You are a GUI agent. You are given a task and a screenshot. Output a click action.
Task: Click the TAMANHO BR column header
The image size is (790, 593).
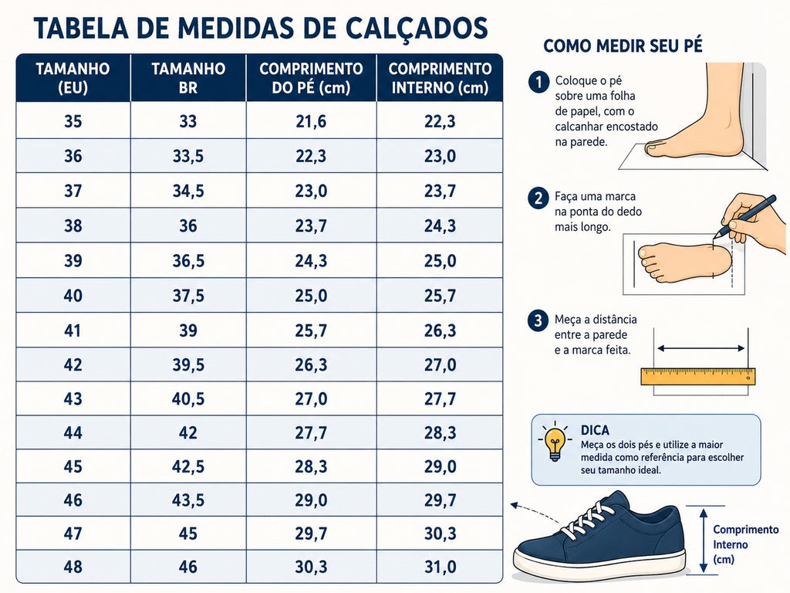[x=188, y=78]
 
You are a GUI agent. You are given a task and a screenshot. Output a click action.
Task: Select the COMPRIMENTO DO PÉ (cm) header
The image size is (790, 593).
[x=311, y=78]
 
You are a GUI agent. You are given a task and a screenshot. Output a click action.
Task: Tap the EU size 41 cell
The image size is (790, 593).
[x=73, y=330]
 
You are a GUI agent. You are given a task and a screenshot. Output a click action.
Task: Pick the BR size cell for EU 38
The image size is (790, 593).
[x=188, y=225]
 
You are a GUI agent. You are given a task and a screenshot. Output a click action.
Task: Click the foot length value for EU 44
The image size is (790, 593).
[x=311, y=432]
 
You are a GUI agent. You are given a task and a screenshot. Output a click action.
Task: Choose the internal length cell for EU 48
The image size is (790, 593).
[x=440, y=567]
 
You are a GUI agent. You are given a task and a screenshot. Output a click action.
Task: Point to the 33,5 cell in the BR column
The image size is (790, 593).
[x=188, y=156]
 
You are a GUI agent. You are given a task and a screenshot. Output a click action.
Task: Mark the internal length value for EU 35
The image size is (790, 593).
[x=440, y=121]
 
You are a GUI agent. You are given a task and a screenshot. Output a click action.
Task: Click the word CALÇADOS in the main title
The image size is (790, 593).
[x=407, y=29]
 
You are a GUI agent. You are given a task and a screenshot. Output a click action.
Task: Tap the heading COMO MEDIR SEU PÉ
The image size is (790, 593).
[x=623, y=46]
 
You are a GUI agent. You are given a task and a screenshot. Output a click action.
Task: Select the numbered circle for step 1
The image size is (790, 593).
[x=538, y=82]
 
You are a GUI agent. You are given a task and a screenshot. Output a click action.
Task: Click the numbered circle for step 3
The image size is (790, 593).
[x=538, y=320]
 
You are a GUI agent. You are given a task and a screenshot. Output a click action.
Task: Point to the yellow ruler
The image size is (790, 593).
[x=697, y=377]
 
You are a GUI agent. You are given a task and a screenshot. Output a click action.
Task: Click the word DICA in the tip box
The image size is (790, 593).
[x=595, y=430]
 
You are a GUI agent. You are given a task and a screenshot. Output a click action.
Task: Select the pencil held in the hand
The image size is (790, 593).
[x=745, y=216]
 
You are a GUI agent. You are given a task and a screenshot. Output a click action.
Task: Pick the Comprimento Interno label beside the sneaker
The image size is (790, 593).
[x=746, y=544]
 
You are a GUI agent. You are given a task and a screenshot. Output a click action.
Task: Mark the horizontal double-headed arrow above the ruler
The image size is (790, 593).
[x=701, y=348]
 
